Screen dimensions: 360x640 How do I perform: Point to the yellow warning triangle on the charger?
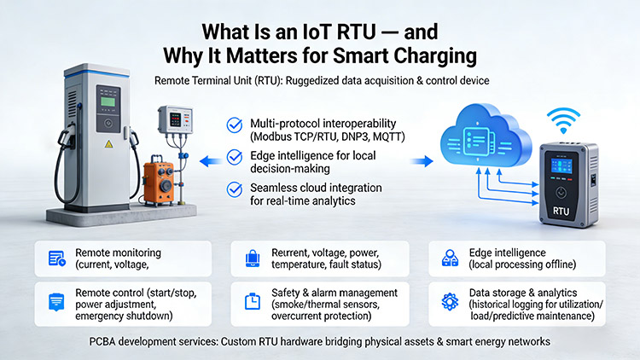coord(108,144)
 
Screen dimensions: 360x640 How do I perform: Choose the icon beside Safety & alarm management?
coord(253,300)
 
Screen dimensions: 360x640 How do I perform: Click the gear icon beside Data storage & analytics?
coord(448,300)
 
